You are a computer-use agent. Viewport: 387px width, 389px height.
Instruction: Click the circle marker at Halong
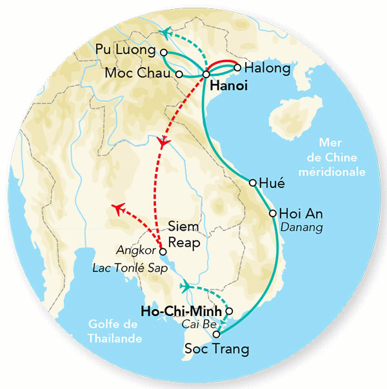238,67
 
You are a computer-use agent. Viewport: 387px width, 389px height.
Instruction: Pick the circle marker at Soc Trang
217,334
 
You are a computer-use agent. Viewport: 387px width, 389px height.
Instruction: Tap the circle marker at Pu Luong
164,52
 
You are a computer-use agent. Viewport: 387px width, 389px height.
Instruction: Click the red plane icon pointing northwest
119,207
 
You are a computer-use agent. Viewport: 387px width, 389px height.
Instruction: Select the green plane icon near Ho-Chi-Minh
186,286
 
